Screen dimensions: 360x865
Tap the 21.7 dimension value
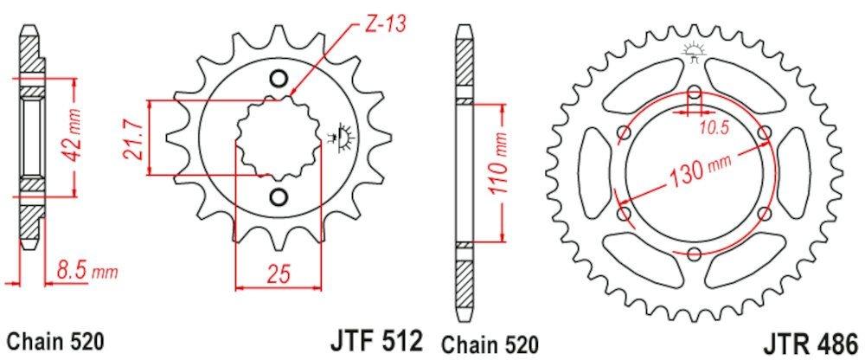tap(132, 139)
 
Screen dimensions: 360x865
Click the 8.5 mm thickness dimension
tap(86, 272)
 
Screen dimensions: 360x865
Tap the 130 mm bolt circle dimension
tap(695, 172)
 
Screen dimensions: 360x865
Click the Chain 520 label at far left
tap(55, 339)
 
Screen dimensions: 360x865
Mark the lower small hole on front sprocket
tap(278, 196)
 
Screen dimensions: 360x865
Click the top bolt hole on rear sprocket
tap(695, 93)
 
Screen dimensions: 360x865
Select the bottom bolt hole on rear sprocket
tap(695, 252)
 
